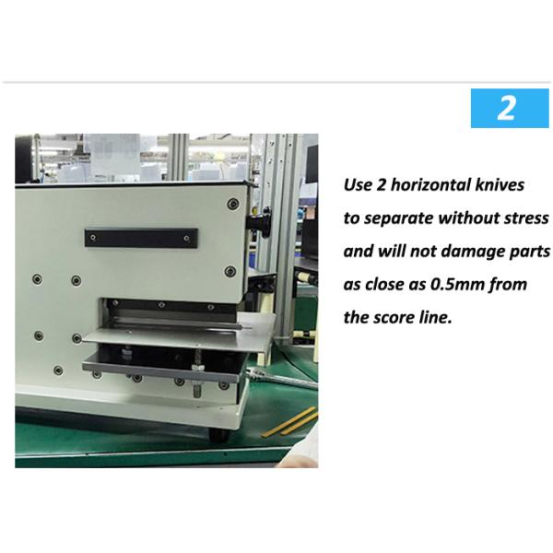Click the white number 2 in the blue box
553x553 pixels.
coord(506,108)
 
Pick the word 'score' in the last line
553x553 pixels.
coord(394,318)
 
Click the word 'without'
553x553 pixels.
coord(469,218)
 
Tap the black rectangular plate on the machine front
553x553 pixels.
coord(141,238)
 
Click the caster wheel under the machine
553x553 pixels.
coord(219,434)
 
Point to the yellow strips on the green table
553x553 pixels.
coord(290,422)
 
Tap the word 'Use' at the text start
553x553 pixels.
coord(358,185)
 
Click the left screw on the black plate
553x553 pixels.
coord(93,238)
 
